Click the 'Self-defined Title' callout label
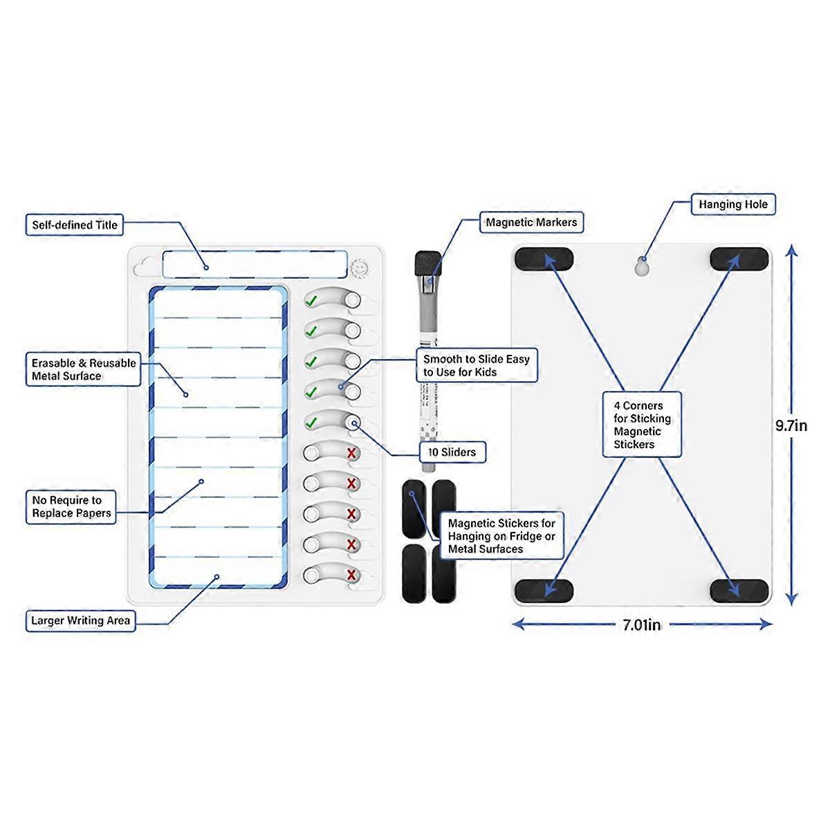click(x=75, y=225)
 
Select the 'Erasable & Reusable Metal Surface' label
click(x=84, y=369)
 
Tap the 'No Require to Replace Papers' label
click(x=71, y=507)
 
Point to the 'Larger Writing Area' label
click(x=80, y=620)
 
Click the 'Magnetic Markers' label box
click(x=531, y=223)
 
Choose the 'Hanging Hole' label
click(x=733, y=205)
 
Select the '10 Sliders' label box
click(x=452, y=452)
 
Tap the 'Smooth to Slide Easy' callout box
click(x=477, y=365)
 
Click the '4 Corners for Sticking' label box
click(x=642, y=425)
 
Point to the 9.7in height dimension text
click(x=791, y=425)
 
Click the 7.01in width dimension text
click(x=641, y=625)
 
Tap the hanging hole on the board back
click(x=643, y=267)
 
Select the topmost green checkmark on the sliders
click(x=311, y=301)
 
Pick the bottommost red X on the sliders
click(x=351, y=575)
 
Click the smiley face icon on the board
click(x=359, y=266)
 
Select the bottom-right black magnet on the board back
click(x=739, y=590)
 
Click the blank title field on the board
click(x=255, y=265)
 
